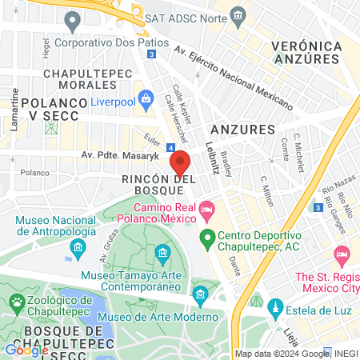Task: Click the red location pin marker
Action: point(180,162)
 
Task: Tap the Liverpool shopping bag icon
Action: point(146,100)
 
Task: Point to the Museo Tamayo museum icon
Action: point(162,255)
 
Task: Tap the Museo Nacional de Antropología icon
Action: point(78,248)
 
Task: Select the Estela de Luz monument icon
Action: point(275,306)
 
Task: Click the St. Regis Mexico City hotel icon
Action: point(342,258)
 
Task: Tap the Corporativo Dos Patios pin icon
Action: point(74,19)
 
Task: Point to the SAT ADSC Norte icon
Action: point(238,16)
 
